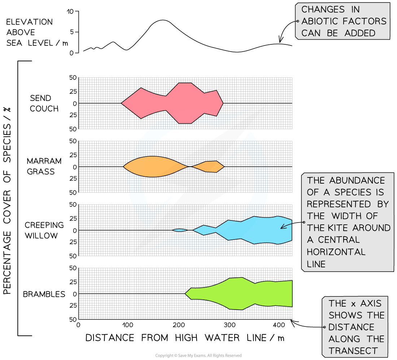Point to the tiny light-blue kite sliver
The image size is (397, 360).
[x=180, y=230]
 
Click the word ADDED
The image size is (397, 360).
[x=360, y=33]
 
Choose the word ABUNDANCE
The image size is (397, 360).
[x=357, y=180]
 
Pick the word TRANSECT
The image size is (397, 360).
[x=353, y=351]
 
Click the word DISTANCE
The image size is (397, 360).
[x=351, y=327]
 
